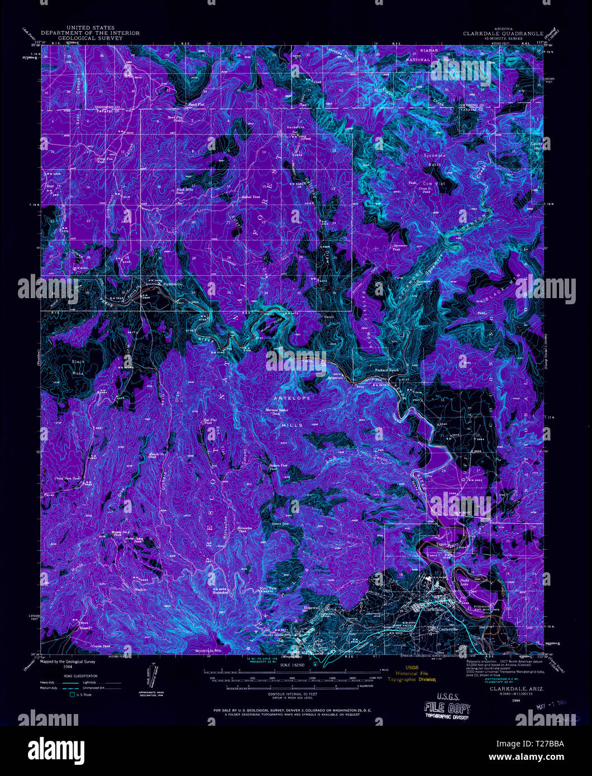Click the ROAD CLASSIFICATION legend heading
[78, 676]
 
